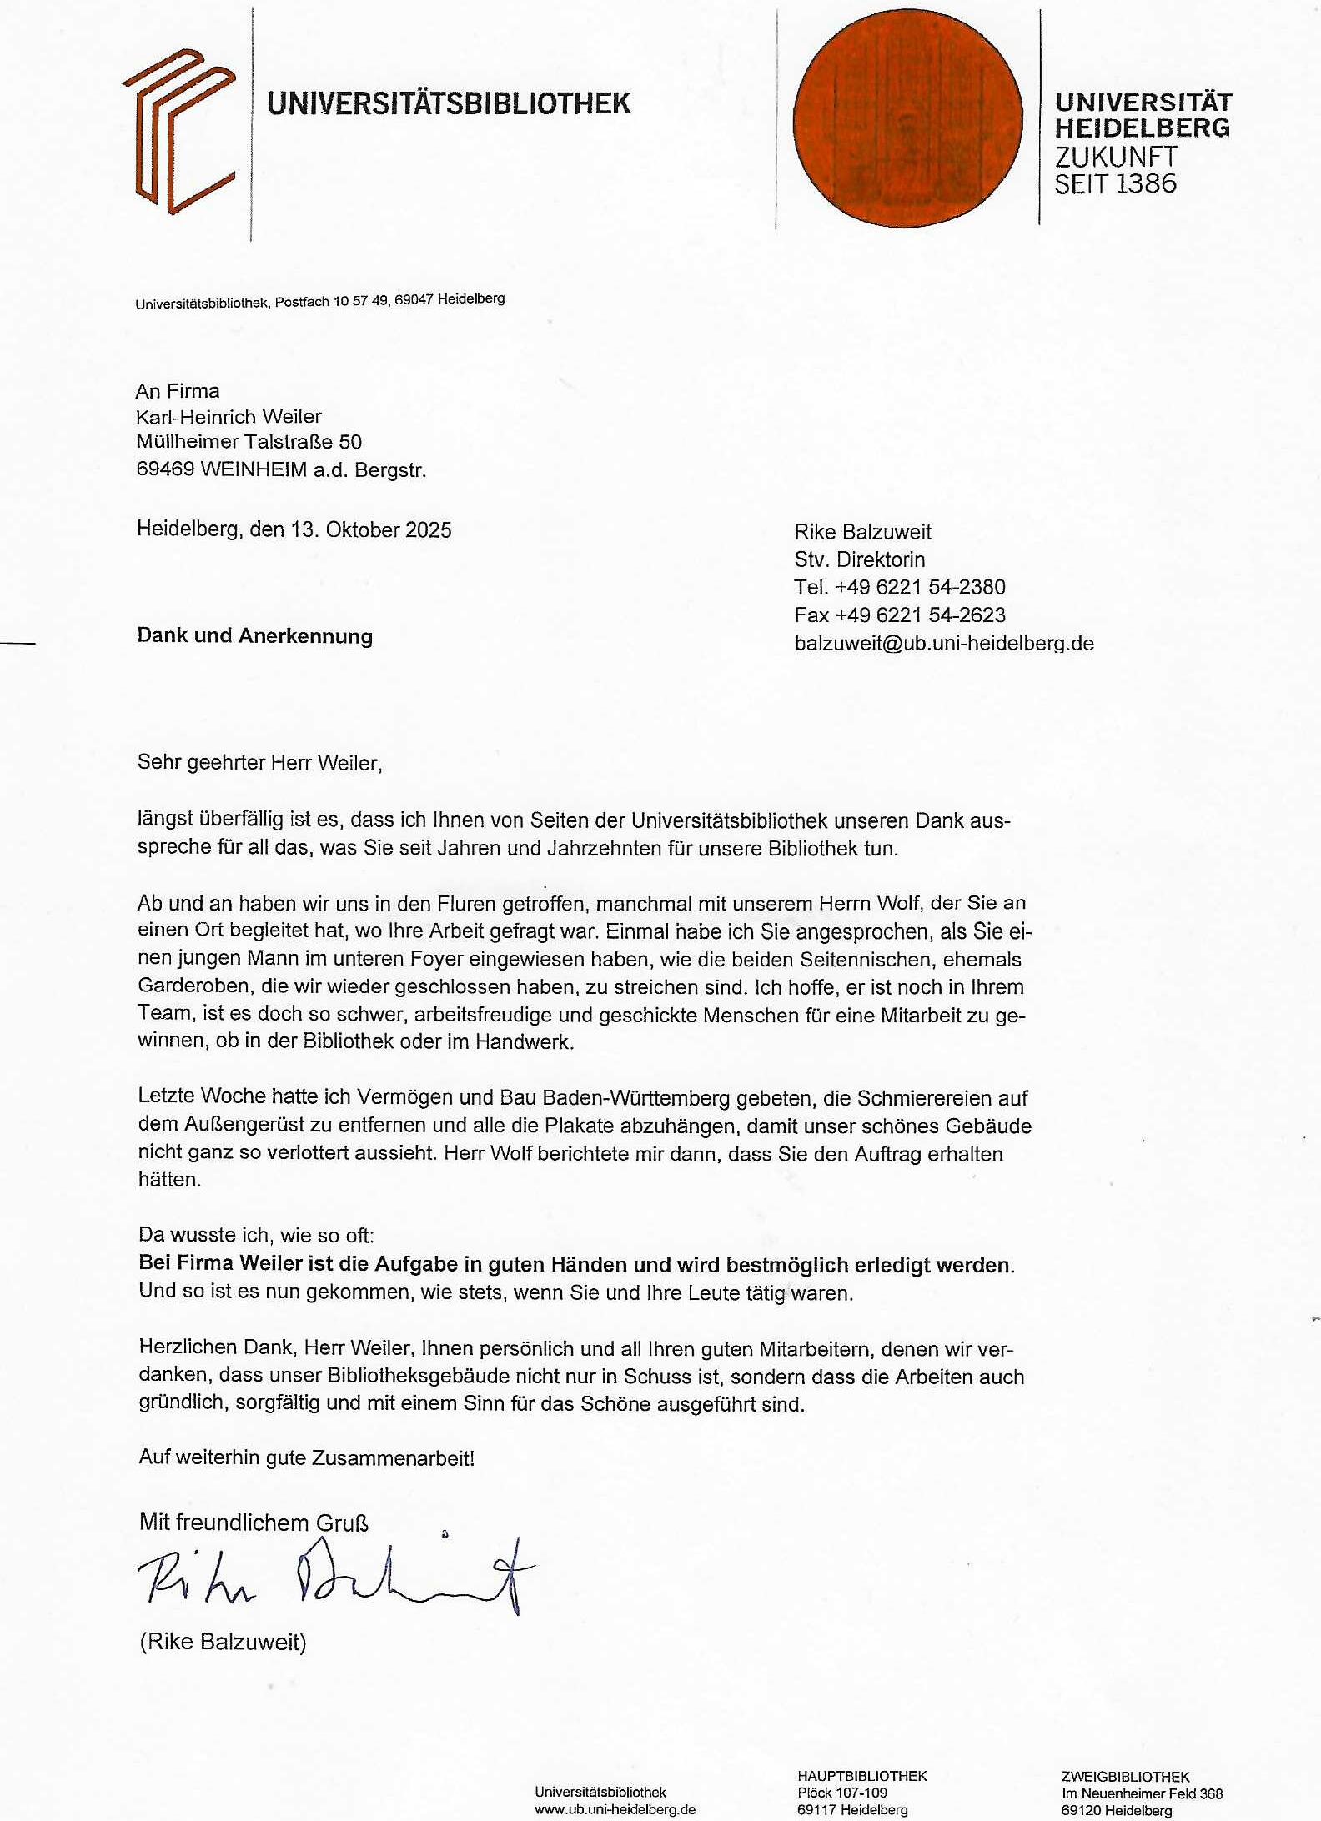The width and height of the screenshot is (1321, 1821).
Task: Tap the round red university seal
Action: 907,119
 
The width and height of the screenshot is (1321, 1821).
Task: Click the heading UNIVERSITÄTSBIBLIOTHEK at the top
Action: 449,103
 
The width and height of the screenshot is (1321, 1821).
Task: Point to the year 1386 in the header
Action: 1146,184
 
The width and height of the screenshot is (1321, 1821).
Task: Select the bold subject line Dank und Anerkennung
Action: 254,636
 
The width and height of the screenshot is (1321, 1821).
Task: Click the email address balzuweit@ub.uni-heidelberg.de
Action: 944,644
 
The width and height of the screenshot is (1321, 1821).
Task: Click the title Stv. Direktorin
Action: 859,559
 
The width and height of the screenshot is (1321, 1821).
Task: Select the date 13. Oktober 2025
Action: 371,530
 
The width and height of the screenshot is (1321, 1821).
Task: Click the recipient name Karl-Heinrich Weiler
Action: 229,417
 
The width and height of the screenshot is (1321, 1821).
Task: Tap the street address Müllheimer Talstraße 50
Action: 249,442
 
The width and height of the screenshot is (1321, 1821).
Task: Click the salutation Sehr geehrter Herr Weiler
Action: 259,763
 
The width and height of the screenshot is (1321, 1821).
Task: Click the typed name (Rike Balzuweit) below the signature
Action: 223,1643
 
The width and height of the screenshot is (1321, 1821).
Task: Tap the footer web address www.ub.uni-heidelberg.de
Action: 615,1809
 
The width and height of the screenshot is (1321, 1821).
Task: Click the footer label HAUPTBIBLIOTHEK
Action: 861,1776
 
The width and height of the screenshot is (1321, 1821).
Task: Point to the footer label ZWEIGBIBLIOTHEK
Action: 1125,1777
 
